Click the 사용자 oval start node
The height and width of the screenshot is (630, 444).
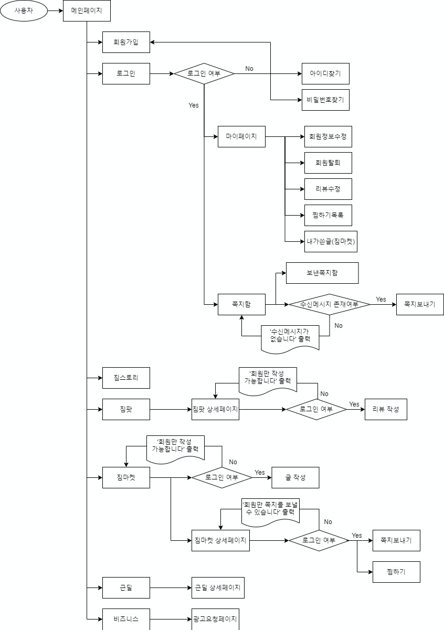[24, 10]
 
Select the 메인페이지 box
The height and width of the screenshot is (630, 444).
[87, 10]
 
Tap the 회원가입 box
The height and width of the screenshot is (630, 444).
[126, 42]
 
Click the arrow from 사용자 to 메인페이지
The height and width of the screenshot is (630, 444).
[55, 10]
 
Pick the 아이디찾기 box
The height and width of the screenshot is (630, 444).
[325, 73]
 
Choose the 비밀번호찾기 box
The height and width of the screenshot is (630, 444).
[325, 100]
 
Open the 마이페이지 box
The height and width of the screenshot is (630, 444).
[241, 136]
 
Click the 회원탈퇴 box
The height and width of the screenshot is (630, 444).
[328, 163]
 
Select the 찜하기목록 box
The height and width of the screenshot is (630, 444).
[328, 215]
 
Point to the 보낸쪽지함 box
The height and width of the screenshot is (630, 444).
[322, 273]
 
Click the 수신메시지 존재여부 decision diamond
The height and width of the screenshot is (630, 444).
[329, 304]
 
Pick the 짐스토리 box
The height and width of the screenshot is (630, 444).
[126, 378]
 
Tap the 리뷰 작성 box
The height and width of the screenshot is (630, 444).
[386, 409]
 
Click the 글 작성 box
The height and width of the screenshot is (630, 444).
[295, 477]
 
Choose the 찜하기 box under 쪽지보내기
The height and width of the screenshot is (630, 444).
[396, 572]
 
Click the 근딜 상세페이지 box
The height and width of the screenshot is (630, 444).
[218, 588]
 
